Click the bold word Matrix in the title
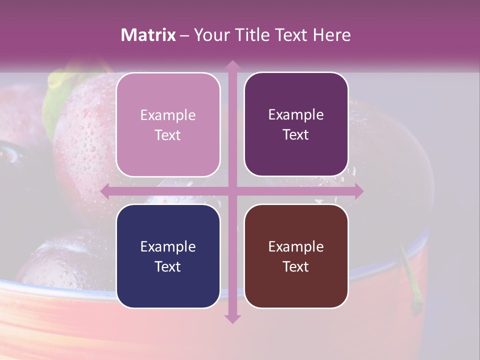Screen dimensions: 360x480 coord(148,35)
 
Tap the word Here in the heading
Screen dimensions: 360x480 coord(331,35)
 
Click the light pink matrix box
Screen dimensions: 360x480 coord(168,124)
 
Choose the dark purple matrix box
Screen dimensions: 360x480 coord(296,124)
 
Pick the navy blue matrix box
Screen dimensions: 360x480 coord(168,256)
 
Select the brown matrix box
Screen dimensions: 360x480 coord(296,256)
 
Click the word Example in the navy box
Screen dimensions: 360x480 coord(168,246)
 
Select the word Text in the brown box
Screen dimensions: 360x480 coord(296,266)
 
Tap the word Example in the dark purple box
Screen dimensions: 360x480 coord(296,114)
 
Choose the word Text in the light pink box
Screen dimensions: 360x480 coord(168,135)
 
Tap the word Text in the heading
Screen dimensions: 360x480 coord(291,35)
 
